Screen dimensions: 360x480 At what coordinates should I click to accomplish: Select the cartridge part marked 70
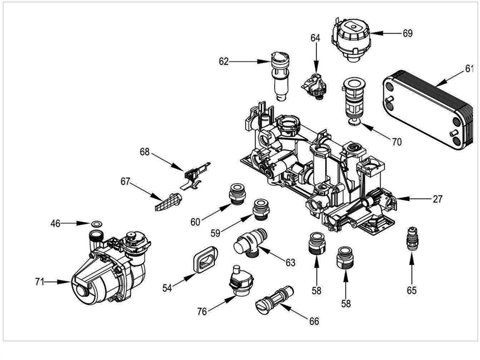pyautogui.click(x=352, y=99)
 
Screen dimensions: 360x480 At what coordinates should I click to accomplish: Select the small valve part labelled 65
pyautogui.click(x=412, y=237)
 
